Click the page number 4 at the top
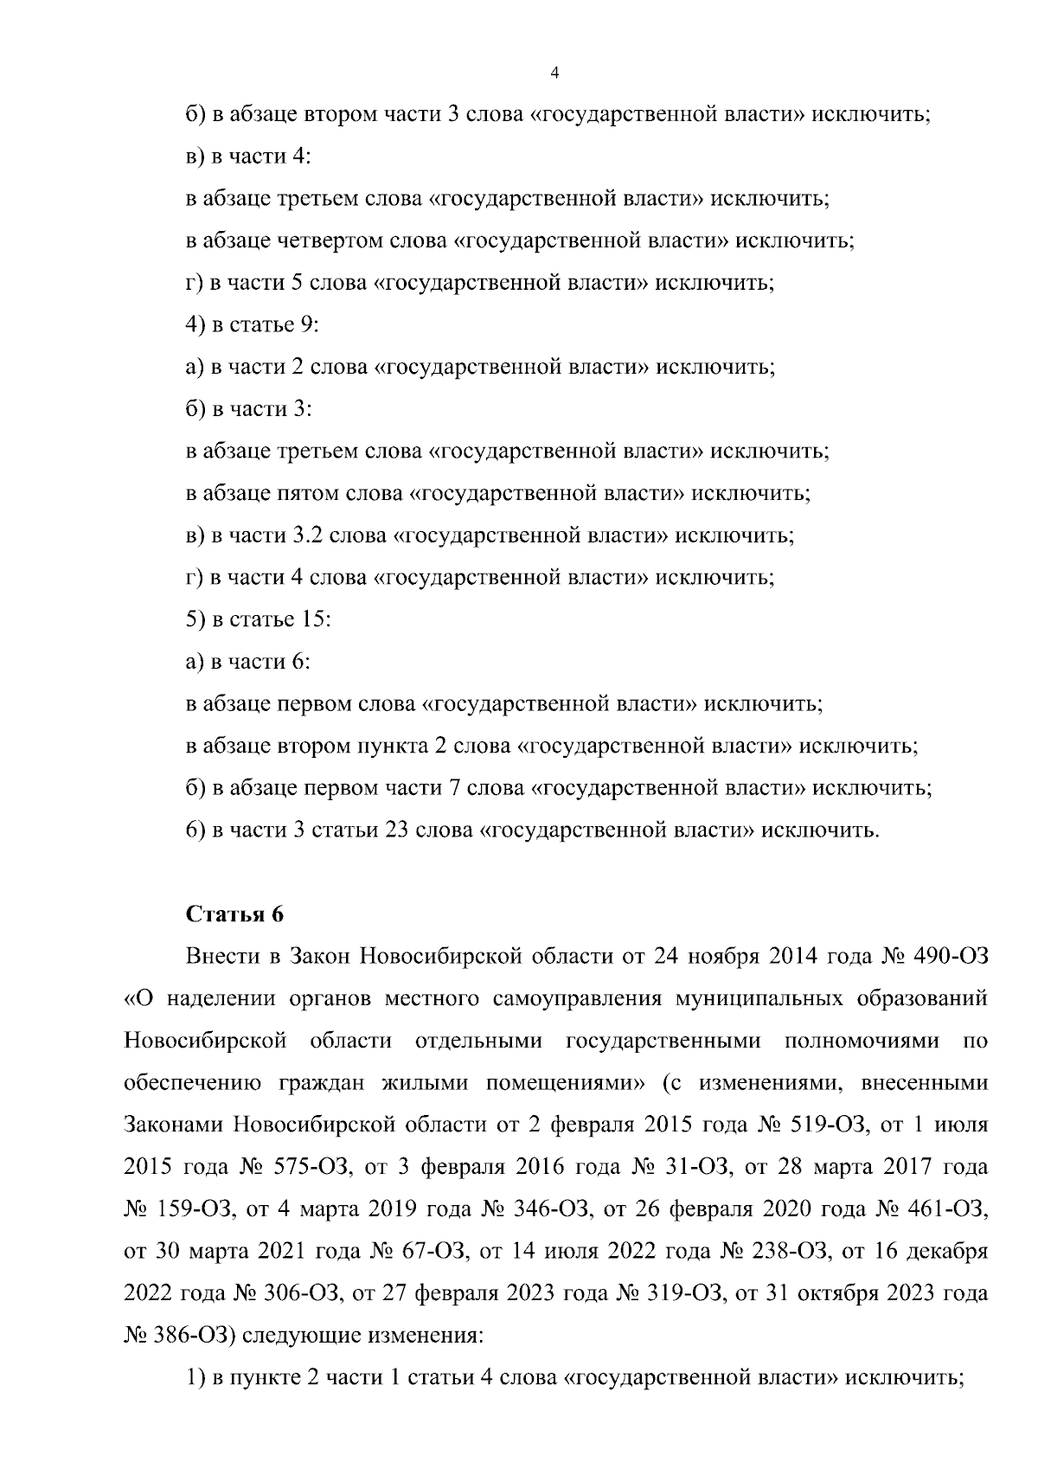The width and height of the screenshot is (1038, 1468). pyautogui.click(x=554, y=74)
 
